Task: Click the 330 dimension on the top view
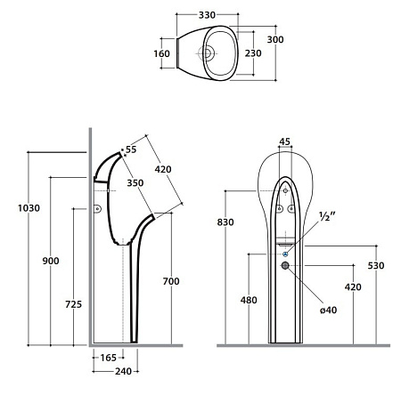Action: (207, 15)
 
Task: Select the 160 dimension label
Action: (161, 53)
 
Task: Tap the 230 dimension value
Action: (253, 53)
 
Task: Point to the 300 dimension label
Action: (275, 39)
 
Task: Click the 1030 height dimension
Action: (29, 208)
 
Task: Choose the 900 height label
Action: (51, 261)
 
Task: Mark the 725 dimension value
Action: (73, 304)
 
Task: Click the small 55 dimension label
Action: (131, 149)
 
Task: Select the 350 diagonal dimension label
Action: (135, 183)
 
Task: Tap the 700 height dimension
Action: (171, 281)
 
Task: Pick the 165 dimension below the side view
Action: (108, 358)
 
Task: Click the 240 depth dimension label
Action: (123, 371)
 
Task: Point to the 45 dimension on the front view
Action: (284, 141)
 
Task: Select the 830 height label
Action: (225, 222)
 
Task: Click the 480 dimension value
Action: (249, 300)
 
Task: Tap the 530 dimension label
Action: (376, 266)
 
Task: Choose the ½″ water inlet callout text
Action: (327, 216)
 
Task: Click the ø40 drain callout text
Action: (329, 310)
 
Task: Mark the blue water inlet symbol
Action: (285, 254)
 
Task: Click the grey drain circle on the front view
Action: (285, 265)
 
